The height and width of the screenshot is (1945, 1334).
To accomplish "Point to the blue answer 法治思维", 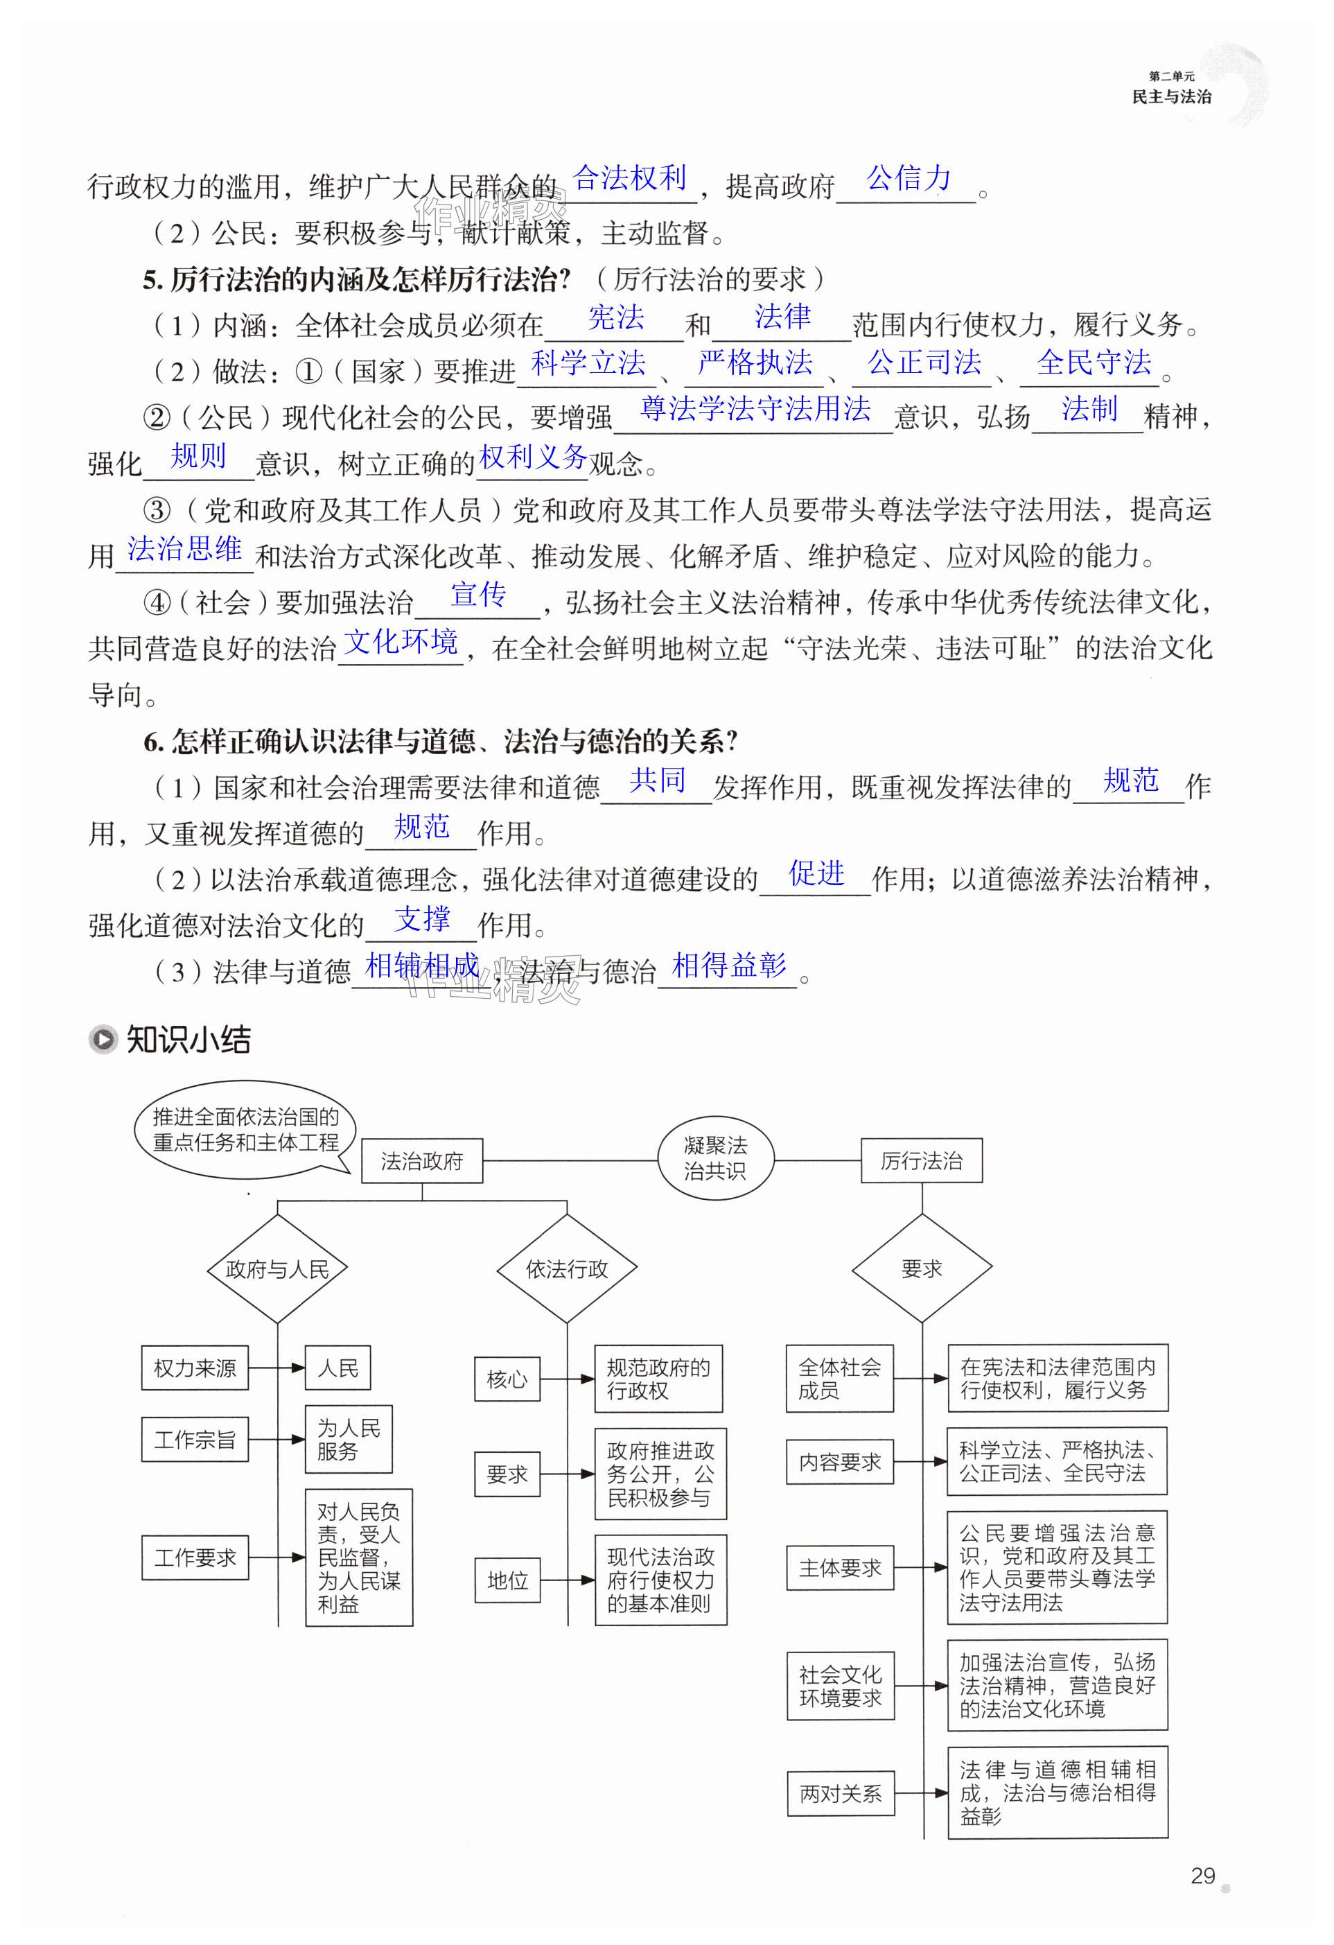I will tap(184, 549).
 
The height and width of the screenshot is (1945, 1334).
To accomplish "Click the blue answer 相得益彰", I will tap(729, 965).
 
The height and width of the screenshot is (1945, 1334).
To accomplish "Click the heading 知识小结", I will tap(188, 1040).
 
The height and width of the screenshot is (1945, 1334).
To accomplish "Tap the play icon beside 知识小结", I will tap(103, 1040).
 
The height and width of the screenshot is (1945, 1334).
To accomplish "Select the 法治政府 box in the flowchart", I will tap(422, 1161).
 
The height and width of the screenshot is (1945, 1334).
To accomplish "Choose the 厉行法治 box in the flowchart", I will tap(922, 1161).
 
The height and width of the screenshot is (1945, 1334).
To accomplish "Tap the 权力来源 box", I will tap(195, 1368).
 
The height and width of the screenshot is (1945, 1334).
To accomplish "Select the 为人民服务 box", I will tap(348, 1439).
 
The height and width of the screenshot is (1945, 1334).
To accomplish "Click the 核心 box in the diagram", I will tap(507, 1379).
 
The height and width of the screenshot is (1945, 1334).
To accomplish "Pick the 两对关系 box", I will tap(840, 1793).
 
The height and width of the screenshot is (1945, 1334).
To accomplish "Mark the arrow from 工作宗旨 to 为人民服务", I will tap(277, 1440).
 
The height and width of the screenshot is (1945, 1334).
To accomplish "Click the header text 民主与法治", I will tap(1171, 96).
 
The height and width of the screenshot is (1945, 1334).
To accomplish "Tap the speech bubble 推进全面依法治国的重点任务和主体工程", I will tap(245, 1130).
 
